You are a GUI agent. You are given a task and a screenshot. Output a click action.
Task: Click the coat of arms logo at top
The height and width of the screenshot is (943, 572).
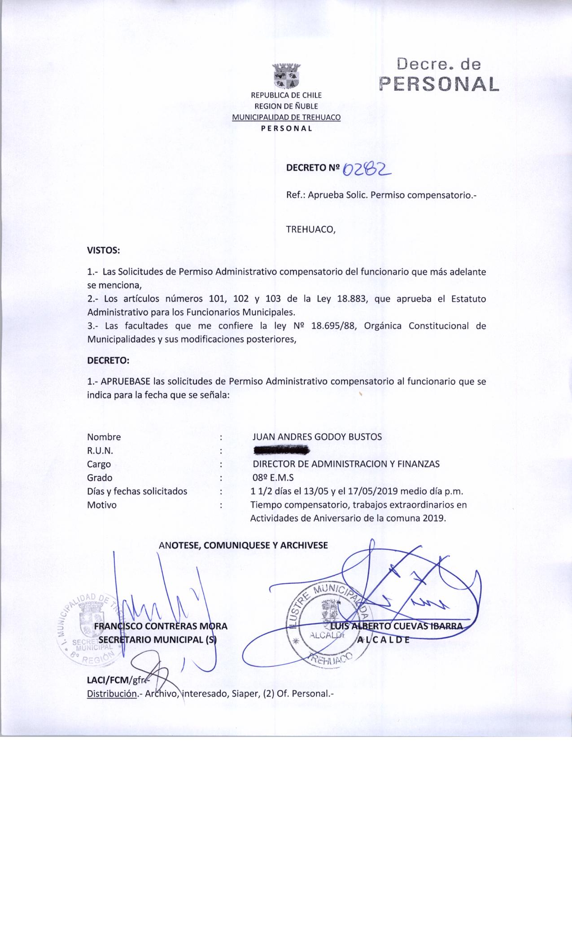coord(287,76)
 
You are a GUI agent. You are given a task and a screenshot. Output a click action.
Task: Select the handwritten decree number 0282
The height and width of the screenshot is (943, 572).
coord(367,169)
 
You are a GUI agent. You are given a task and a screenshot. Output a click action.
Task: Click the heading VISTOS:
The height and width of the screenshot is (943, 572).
coord(103,250)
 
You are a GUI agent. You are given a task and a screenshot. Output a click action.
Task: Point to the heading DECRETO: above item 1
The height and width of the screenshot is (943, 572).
coord(108,361)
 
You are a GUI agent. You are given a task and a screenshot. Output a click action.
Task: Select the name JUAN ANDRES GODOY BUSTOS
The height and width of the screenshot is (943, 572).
coord(317,437)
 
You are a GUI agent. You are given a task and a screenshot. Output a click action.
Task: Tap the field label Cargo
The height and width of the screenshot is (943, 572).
coord(99,464)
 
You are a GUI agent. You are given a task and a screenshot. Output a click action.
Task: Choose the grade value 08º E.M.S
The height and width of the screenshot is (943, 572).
coord(273,478)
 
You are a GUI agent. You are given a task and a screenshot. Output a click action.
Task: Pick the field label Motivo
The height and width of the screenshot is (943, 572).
coord(102,505)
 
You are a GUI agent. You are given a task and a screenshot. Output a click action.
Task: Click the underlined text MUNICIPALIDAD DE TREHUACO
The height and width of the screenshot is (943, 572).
coord(286,118)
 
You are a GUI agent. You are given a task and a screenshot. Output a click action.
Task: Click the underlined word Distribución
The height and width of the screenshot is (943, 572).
coord(112,693)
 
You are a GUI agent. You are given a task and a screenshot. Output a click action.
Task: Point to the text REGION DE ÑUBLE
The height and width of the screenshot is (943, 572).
coord(286,106)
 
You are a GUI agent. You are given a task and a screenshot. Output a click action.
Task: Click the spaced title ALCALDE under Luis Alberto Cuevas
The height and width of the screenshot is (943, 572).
coord(383,640)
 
